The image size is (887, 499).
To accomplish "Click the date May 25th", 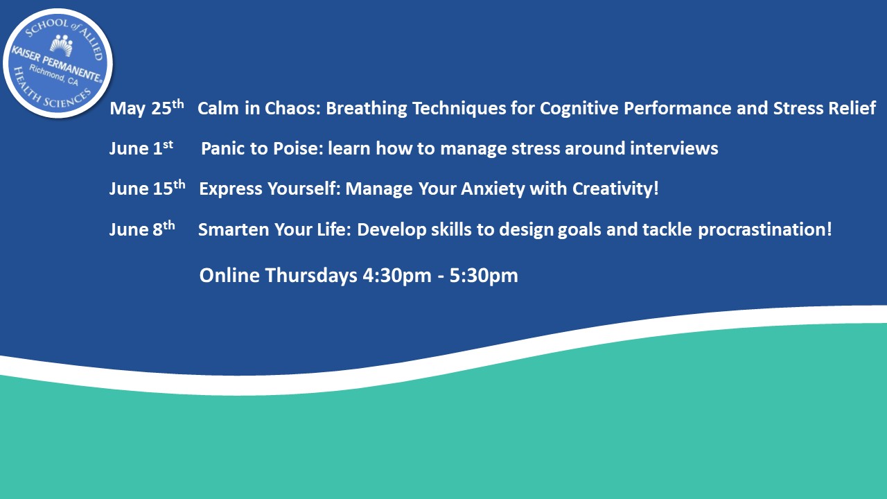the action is click(147, 107).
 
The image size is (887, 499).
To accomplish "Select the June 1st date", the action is click(141, 148).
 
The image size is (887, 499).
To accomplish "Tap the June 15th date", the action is click(148, 188).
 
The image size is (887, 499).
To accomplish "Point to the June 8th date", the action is click(142, 229).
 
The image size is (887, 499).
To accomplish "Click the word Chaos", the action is click(292, 108).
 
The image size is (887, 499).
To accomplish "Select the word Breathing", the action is click(367, 109).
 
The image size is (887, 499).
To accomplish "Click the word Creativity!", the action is click(615, 189).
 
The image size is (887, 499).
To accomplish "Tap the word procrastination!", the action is click(764, 229).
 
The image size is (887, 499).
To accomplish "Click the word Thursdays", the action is click(311, 275).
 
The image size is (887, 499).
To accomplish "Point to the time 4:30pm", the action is click(397, 276).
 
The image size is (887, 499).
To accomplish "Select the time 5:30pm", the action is click(484, 276).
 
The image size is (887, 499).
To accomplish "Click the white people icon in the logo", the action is click(62, 45).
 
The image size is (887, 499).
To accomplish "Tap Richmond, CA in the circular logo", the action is click(54, 76).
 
